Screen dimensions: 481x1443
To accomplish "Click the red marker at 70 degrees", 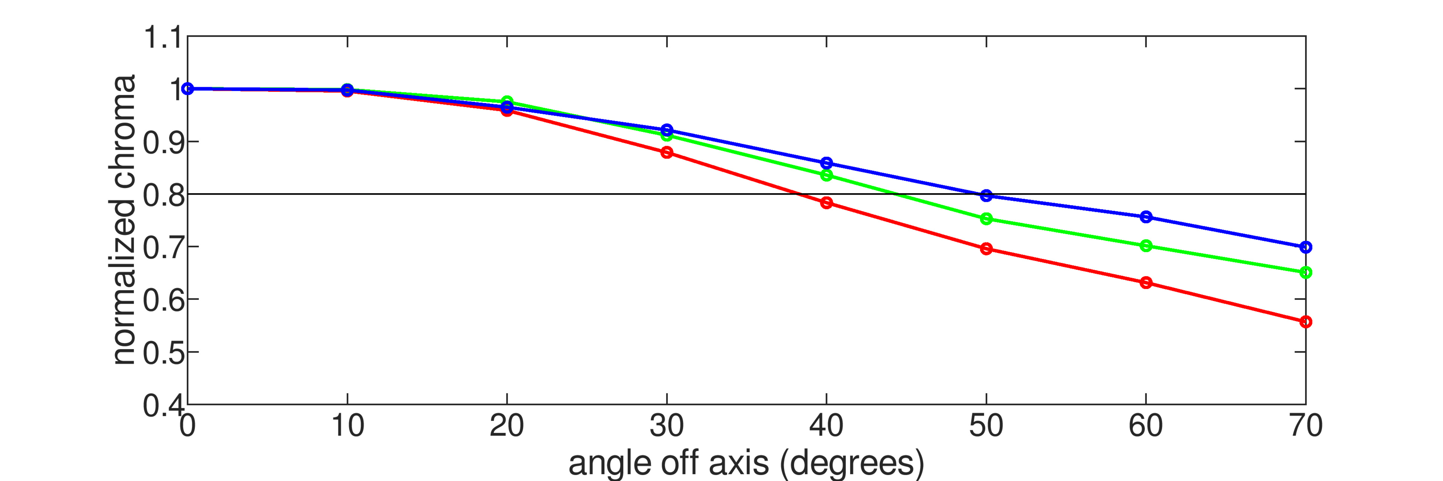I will (x=1306, y=322).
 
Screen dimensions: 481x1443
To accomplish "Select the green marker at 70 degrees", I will (x=1306, y=273).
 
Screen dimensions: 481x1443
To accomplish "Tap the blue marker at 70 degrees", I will (x=1306, y=247).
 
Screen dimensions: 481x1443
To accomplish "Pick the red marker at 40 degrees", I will (x=826, y=203).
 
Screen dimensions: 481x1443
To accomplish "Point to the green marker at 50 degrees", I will (x=986, y=219).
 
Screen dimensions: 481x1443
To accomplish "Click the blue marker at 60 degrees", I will (x=1146, y=217).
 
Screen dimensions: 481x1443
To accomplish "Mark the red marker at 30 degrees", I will (x=667, y=152).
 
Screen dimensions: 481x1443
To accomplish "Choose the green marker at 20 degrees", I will (x=507, y=101).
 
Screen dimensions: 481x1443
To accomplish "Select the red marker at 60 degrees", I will (x=1146, y=283).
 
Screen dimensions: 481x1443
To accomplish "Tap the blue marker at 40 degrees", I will (x=826, y=163).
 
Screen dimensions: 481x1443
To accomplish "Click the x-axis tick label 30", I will (x=667, y=427).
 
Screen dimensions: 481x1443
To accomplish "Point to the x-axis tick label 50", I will (x=986, y=427).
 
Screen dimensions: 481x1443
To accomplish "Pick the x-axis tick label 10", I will (x=347, y=427).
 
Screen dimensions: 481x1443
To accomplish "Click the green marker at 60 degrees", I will (x=1146, y=246).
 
